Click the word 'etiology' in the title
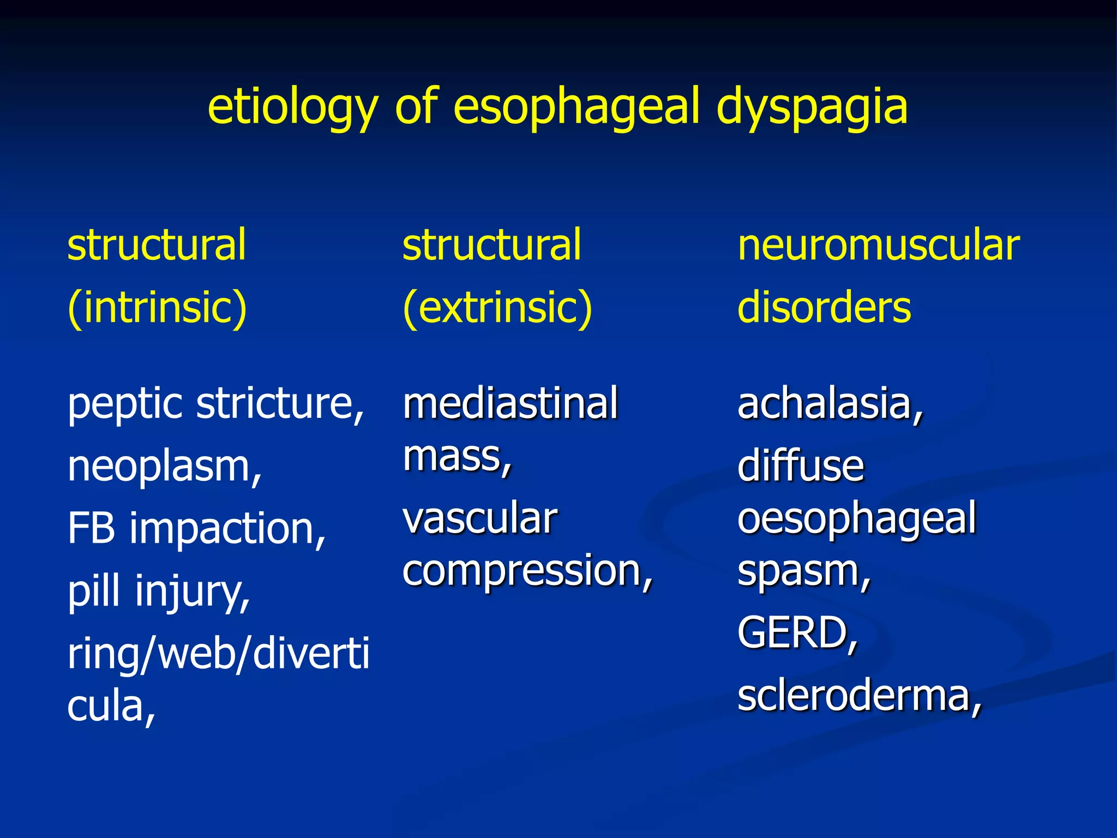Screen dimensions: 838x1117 click(x=292, y=107)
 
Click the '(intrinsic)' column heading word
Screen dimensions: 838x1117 click(x=157, y=308)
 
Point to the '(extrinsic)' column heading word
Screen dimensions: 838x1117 click(x=497, y=308)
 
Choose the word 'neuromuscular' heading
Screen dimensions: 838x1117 click(x=878, y=246)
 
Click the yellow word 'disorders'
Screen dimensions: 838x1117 click(x=824, y=307)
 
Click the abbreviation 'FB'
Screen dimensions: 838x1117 click(x=91, y=528)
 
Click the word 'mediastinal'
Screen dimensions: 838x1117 click(x=510, y=404)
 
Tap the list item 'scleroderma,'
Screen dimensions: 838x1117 click(x=860, y=696)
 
